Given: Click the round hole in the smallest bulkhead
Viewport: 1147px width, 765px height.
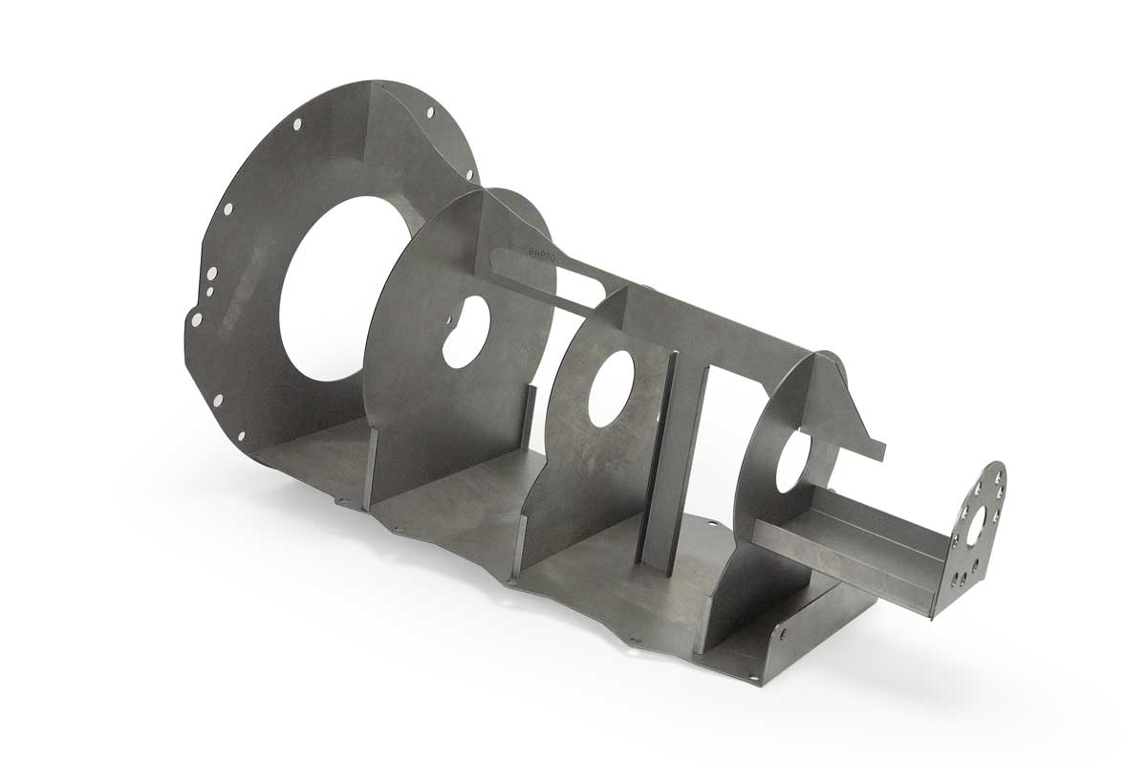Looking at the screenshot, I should [x=792, y=464].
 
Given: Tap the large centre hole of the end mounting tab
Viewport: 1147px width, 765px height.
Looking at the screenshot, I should [x=977, y=524].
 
